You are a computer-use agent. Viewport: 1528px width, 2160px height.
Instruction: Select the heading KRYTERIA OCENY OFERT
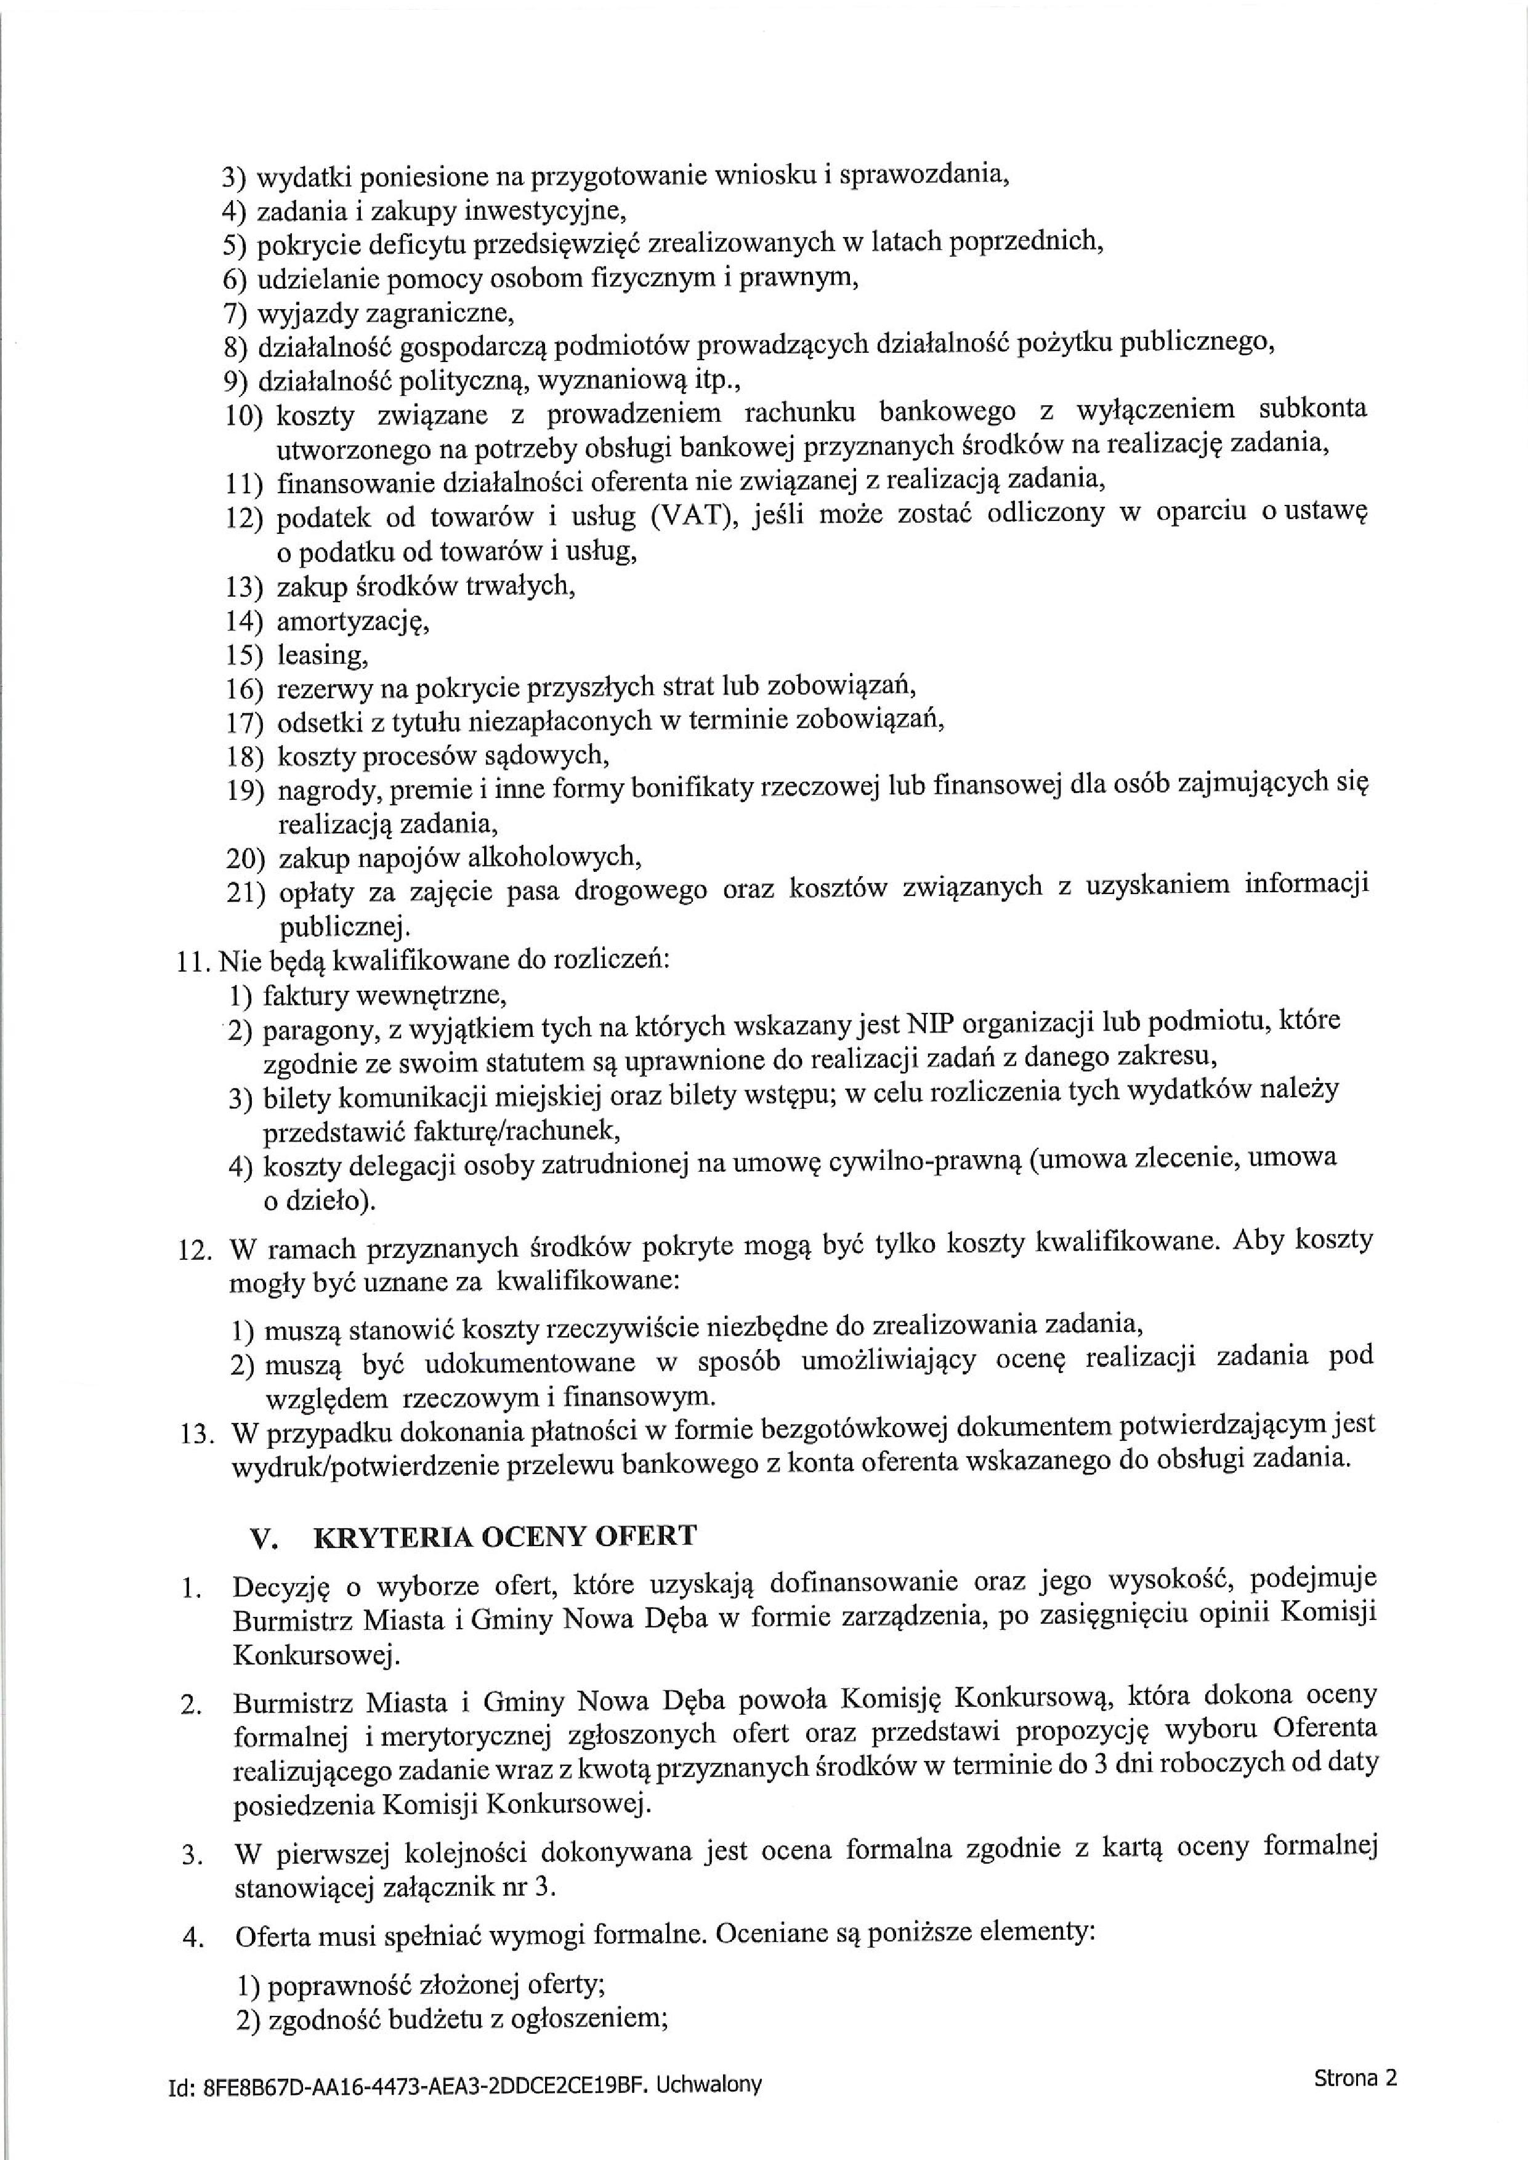504,1536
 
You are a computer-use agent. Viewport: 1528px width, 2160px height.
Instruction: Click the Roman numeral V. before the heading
264,1537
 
